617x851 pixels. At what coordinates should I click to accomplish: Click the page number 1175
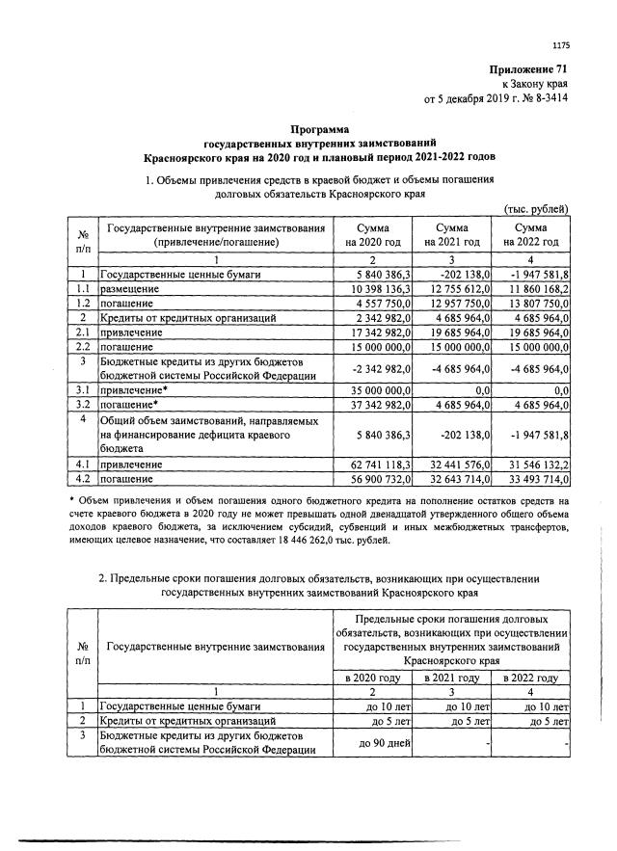click(561, 44)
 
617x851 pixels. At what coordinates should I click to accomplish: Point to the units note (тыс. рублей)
click(537, 209)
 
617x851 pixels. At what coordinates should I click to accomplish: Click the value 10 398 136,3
click(373, 288)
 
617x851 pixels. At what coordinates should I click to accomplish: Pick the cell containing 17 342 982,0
click(373, 331)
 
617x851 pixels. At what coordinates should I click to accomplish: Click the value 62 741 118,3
click(373, 464)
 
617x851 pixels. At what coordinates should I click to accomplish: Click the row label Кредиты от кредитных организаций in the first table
click(188, 316)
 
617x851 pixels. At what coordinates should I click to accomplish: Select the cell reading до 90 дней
click(371, 742)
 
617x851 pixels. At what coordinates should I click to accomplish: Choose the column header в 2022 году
click(530, 678)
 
